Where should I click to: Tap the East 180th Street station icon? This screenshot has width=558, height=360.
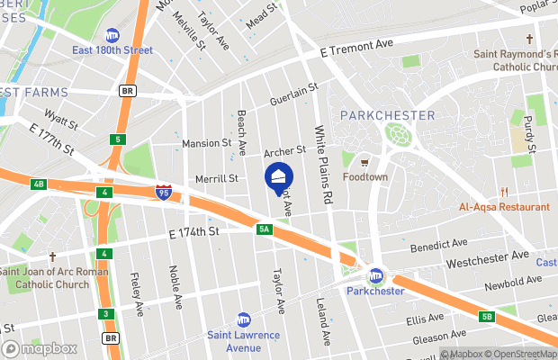point(113,36)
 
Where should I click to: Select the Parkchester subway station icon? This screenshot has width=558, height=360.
point(376,275)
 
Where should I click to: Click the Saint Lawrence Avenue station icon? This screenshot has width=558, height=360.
point(243,319)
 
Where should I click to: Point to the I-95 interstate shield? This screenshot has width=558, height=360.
point(163,192)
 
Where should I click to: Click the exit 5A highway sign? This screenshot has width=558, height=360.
point(263,230)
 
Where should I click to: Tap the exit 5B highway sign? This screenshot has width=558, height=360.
point(487,317)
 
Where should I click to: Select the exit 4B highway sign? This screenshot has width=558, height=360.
point(38,184)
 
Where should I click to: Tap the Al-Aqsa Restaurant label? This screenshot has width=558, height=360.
point(504,207)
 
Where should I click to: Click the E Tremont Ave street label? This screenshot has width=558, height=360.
point(357,45)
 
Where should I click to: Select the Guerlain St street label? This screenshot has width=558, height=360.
point(294,94)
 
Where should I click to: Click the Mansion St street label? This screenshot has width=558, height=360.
point(207,143)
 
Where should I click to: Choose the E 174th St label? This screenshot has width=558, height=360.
point(194,232)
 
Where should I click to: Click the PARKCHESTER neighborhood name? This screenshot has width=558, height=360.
point(388,115)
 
